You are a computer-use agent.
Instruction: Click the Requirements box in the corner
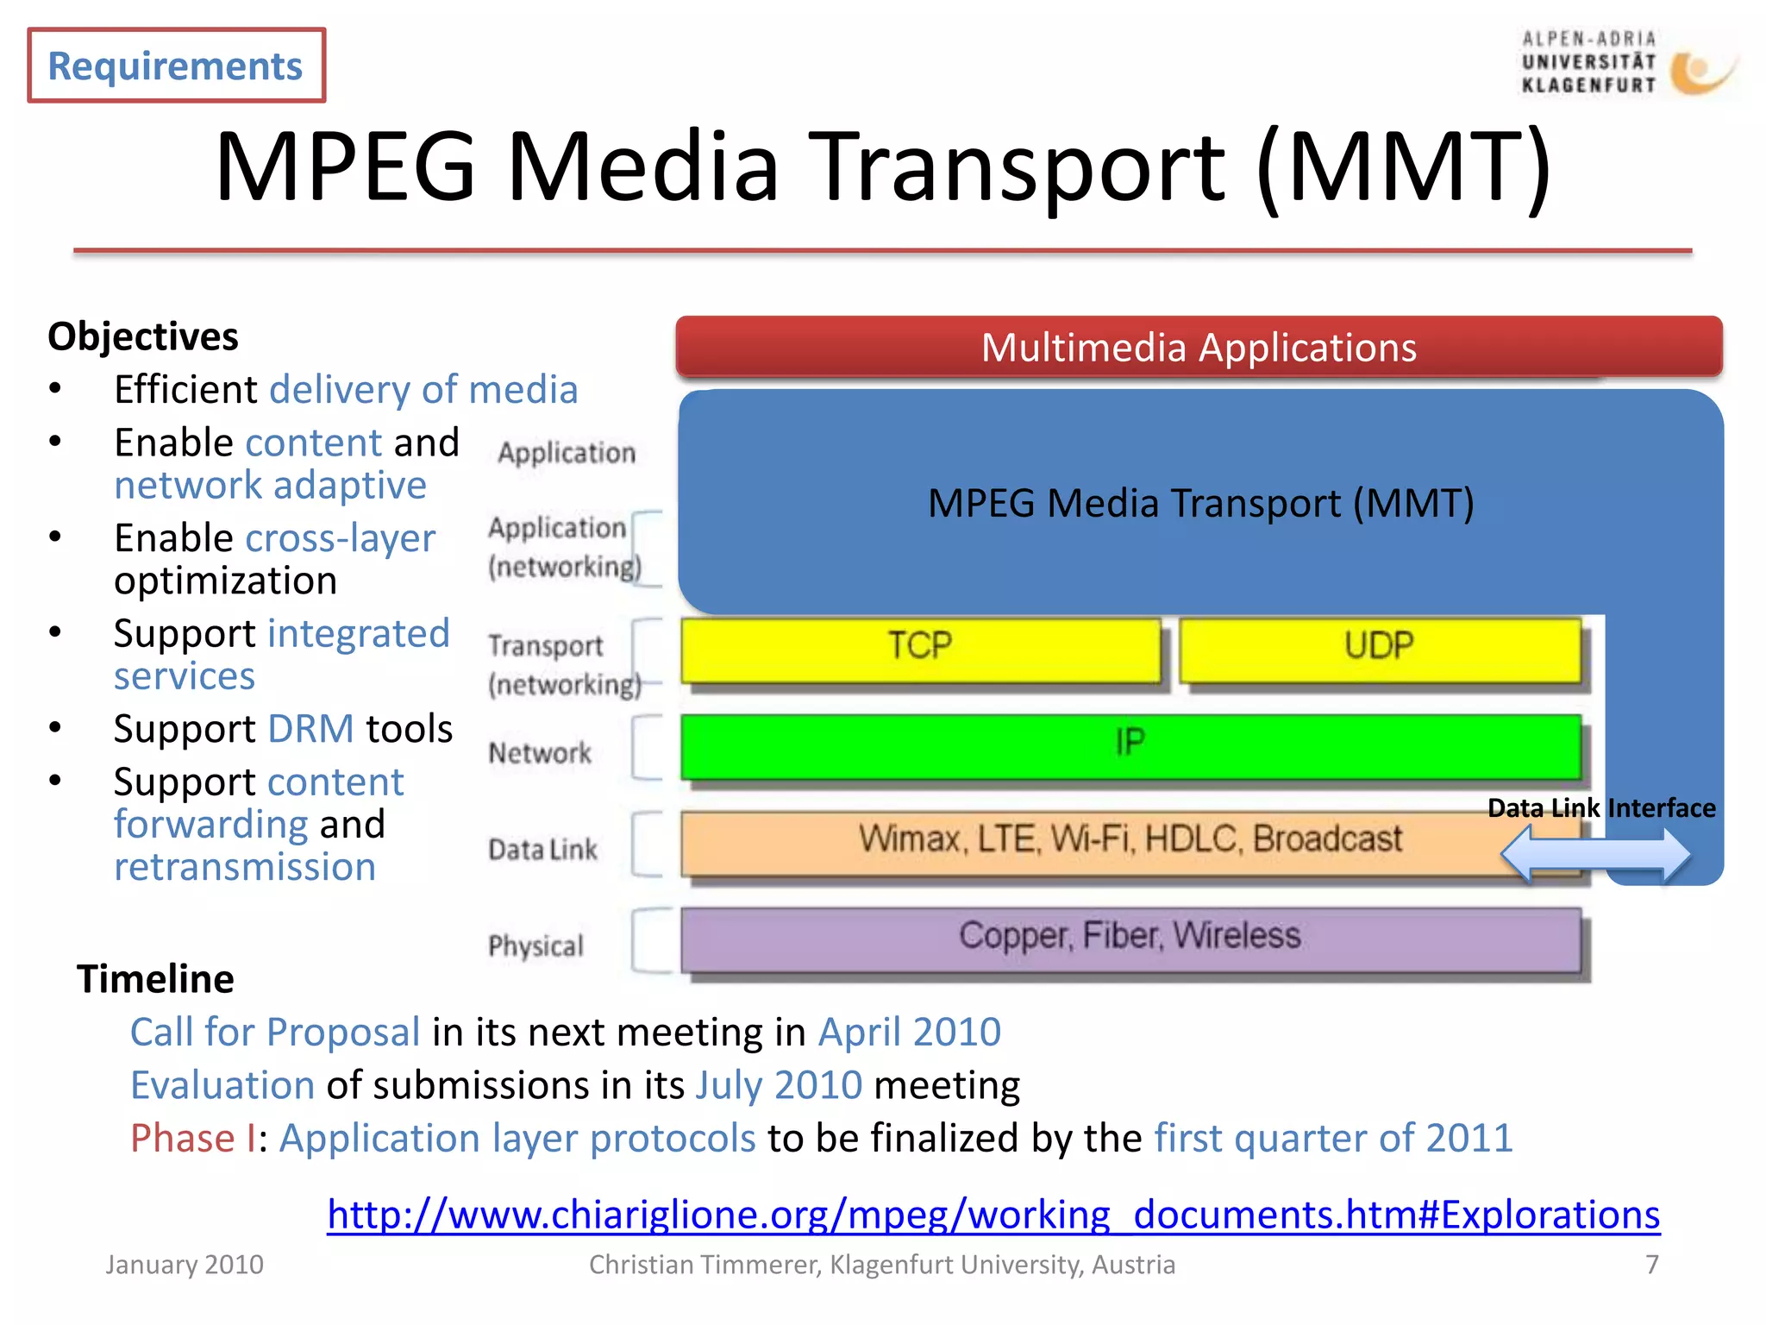tap(176, 66)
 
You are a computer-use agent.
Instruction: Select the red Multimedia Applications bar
tap(1199, 347)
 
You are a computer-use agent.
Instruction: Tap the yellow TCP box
tap(920, 649)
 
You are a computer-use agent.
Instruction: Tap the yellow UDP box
tap(1379, 649)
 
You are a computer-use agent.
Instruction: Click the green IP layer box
tap(1130, 745)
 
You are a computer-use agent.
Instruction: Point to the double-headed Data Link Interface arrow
tap(1595, 854)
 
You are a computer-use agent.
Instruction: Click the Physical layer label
tap(535, 946)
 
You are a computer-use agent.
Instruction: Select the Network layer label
tap(540, 753)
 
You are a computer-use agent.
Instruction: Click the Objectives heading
tap(143, 336)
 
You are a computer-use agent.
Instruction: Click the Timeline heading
tap(155, 979)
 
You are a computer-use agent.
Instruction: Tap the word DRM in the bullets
tap(311, 729)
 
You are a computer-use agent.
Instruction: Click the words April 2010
tap(909, 1033)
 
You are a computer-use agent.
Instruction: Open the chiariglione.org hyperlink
tap(993, 1215)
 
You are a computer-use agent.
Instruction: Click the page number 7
tap(1651, 1265)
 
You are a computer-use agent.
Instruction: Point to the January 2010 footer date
tap(185, 1265)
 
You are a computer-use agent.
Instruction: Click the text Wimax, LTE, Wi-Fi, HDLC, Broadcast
tap(1130, 839)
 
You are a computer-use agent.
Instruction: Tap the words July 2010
tap(779, 1085)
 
